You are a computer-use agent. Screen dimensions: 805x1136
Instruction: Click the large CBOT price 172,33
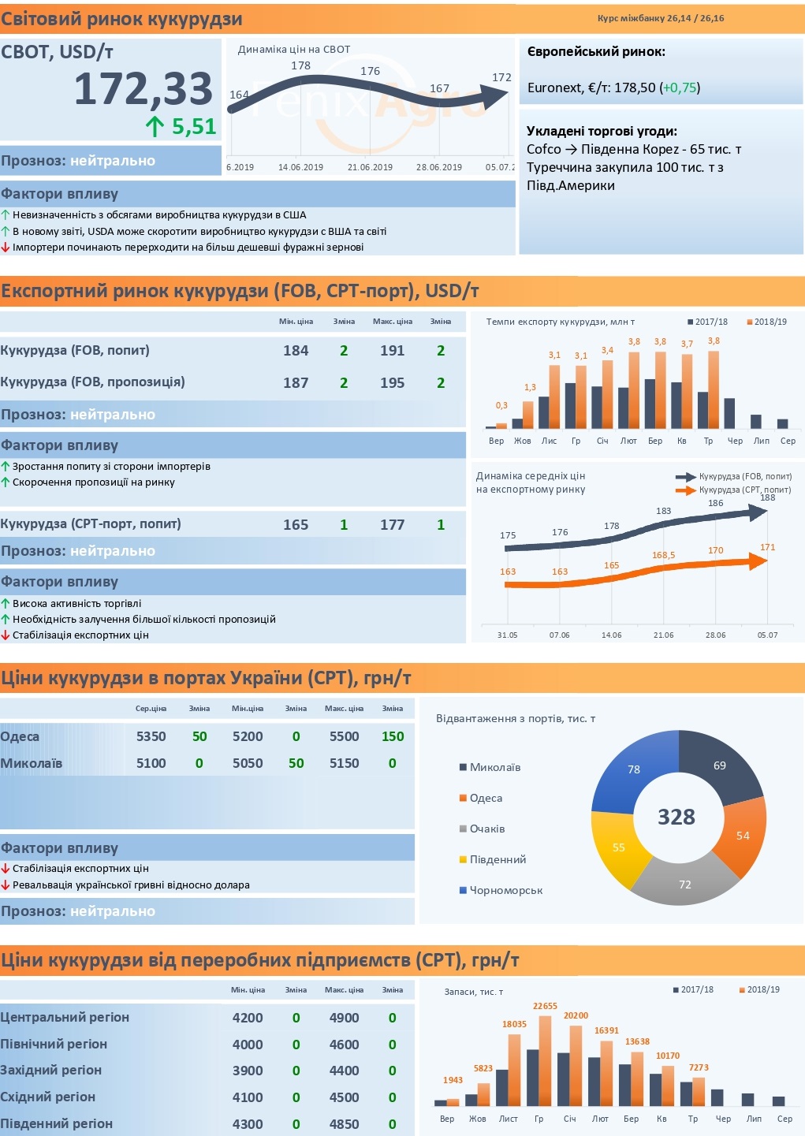click(143, 89)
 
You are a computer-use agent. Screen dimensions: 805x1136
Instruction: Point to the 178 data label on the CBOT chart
click(301, 65)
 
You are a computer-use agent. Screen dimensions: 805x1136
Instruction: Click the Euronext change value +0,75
click(680, 88)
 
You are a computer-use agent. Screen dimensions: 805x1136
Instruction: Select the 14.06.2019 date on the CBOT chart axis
click(301, 167)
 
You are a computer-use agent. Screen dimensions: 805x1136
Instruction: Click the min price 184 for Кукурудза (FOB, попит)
click(296, 351)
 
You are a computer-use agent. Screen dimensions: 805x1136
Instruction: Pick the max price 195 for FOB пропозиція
click(392, 383)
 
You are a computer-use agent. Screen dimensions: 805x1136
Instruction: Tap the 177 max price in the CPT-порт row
click(392, 525)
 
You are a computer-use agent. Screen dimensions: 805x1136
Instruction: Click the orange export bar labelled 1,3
click(528, 415)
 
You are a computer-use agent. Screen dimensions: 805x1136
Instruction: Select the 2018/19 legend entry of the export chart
click(767, 322)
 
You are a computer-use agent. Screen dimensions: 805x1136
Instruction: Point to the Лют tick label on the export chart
click(628, 441)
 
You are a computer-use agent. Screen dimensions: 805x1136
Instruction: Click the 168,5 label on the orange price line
click(664, 555)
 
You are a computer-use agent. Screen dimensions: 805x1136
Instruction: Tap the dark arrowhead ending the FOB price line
click(758, 512)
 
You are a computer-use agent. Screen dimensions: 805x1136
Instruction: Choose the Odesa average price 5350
click(151, 736)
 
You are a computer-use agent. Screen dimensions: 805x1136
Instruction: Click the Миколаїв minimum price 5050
click(248, 763)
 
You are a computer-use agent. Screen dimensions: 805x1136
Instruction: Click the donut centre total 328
click(676, 817)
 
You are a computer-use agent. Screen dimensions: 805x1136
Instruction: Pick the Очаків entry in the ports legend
click(482, 829)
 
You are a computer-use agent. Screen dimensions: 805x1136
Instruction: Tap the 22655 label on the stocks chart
click(546, 1006)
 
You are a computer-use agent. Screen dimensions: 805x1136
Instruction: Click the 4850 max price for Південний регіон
click(344, 1124)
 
